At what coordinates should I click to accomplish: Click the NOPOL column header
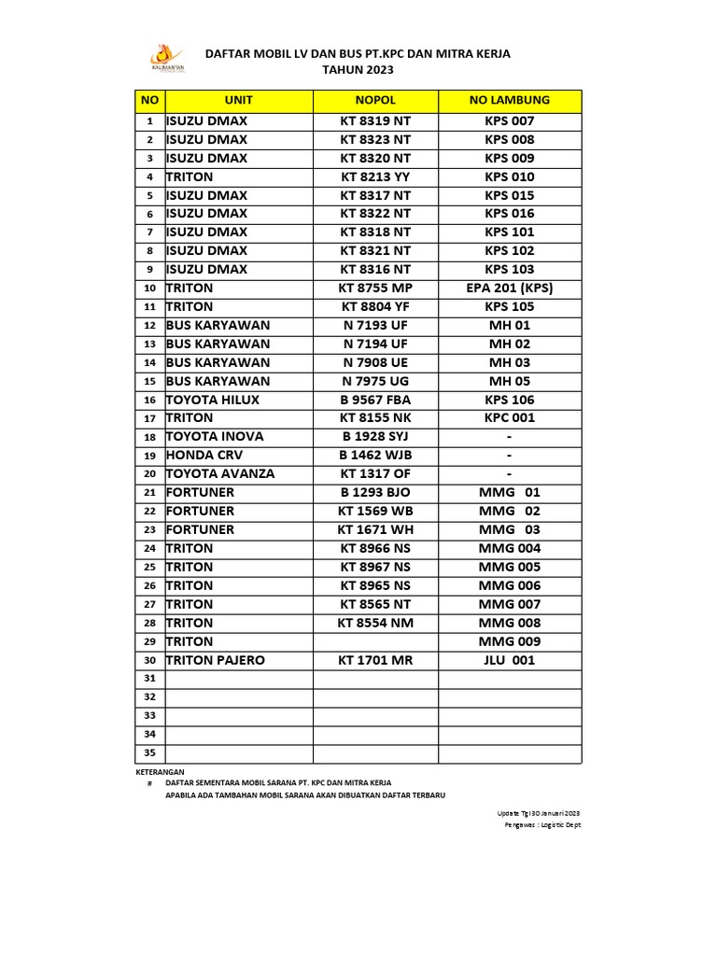[x=375, y=100]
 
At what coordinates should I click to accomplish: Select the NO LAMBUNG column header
[x=510, y=100]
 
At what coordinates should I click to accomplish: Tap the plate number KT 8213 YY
[x=375, y=176]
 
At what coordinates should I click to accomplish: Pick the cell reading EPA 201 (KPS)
[x=510, y=288]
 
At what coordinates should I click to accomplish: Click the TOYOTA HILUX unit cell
[x=213, y=400]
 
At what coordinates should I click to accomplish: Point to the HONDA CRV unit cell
[x=206, y=455]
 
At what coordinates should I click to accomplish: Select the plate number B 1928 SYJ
[x=375, y=436]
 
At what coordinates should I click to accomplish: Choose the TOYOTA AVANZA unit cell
[x=220, y=473]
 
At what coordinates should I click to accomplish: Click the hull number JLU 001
[x=510, y=660]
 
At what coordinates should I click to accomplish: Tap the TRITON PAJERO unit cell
[x=216, y=660]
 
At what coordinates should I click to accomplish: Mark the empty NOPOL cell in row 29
[x=375, y=641]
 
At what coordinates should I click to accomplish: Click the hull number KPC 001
[x=510, y=417]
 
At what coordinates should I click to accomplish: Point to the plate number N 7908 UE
[x=375, y=362]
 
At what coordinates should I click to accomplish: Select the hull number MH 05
[x=510, y=381]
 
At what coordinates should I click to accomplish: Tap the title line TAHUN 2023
[x=358, y=70]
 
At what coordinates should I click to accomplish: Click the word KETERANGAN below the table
[x=154, y=772]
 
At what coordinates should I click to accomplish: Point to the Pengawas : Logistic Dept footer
[x=542, y=825]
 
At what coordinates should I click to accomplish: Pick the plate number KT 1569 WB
[x=375, y=511]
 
